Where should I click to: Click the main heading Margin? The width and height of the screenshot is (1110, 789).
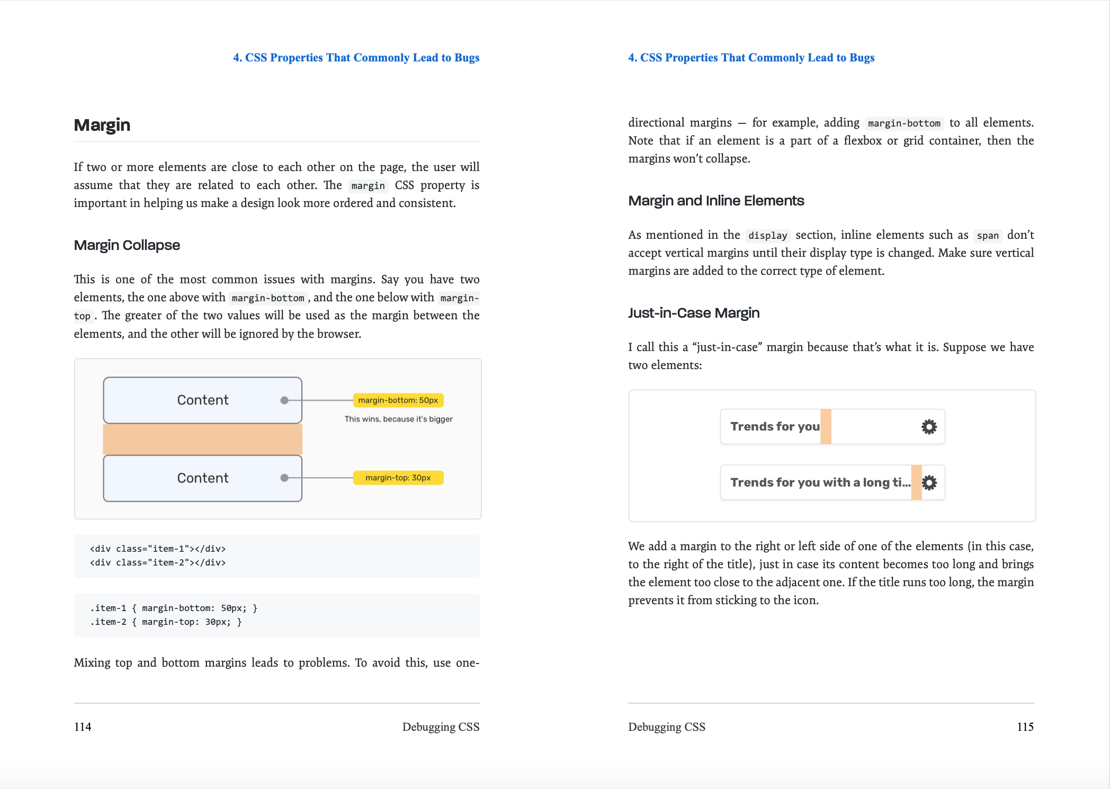(x=102, y=125)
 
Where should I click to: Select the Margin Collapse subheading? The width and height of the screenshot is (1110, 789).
(x=127, y=245)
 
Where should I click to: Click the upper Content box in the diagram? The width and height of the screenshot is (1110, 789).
(x=202, y=400)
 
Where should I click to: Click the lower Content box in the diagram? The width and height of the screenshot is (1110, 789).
(x=202, y=478)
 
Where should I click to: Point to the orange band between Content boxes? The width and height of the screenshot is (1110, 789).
(x=202, y=439)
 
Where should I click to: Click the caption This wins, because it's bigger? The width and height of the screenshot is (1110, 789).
(x=398, y=419)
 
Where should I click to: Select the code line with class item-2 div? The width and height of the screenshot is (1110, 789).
(x=158, y=562)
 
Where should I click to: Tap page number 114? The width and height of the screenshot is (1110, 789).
(x=83, y=727)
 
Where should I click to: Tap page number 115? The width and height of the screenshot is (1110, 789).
(x=1025, y=727)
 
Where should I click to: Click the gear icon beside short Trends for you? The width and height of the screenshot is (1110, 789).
(x=929, y=426)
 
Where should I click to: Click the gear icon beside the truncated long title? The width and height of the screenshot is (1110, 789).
(x=929, y=482)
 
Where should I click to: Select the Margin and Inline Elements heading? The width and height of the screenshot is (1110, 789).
(x=716, y=201)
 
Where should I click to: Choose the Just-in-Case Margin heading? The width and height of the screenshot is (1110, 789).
(x=694, y=313)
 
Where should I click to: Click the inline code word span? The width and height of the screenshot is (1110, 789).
(x=988, y=236)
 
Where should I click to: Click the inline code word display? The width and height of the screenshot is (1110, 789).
(x=767, y=236)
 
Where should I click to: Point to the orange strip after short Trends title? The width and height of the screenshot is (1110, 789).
(x=826, y=426)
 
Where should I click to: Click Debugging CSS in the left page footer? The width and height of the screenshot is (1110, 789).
(x=441, y=727)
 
